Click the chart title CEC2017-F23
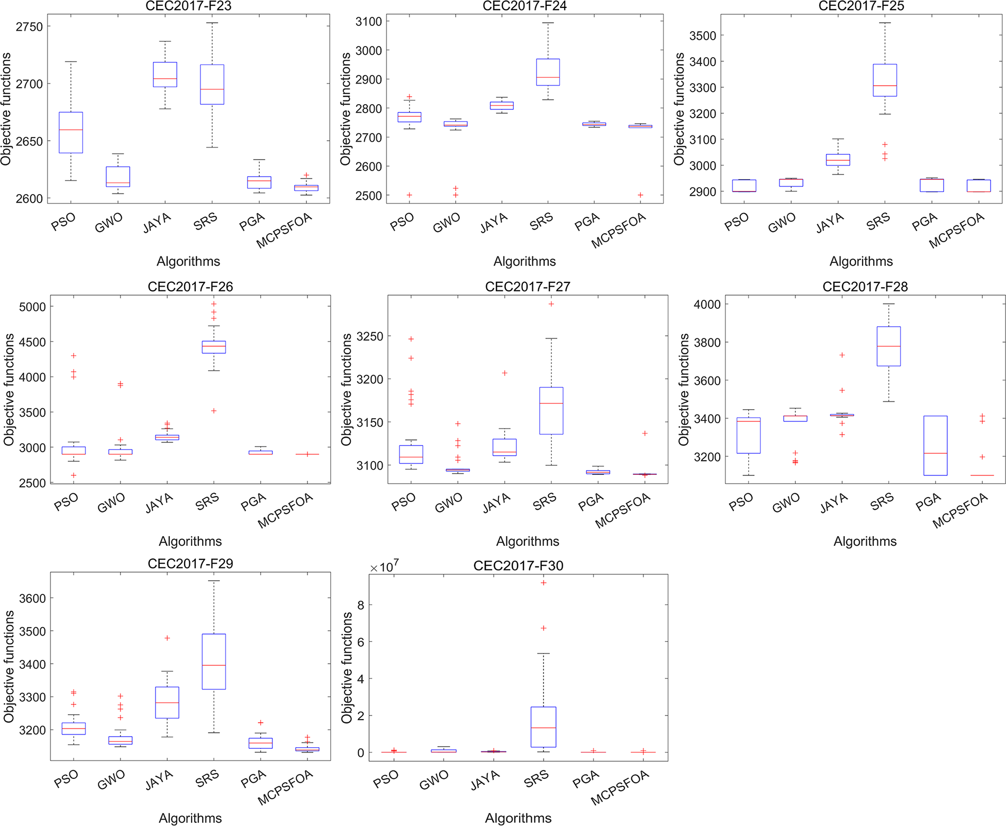click(x=188, y=6)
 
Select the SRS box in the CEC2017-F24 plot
click(x=548, y=72)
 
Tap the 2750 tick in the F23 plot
click(x=29, y=27)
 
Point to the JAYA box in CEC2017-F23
click(x=165, y=75)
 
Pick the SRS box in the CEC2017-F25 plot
click(x=885, y=80)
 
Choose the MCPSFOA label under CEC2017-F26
click(x=286, y=511)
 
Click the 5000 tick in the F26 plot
click(x=32, y=307)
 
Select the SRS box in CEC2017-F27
click(x=551, y=411)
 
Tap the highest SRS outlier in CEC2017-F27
click(x=551, y=304)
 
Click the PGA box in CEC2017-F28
click(x=935, y=446)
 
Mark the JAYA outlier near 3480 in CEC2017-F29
click(x=167, y=638)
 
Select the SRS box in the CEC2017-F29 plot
click(x=214, y=662)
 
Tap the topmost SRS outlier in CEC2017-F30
click(x=543, y=583)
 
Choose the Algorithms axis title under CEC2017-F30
click(x=518, y=818)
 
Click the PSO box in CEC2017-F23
click(x=70, y=133)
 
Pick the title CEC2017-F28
click(x=865, y=287)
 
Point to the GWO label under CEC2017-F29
click(x=111, y=780)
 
